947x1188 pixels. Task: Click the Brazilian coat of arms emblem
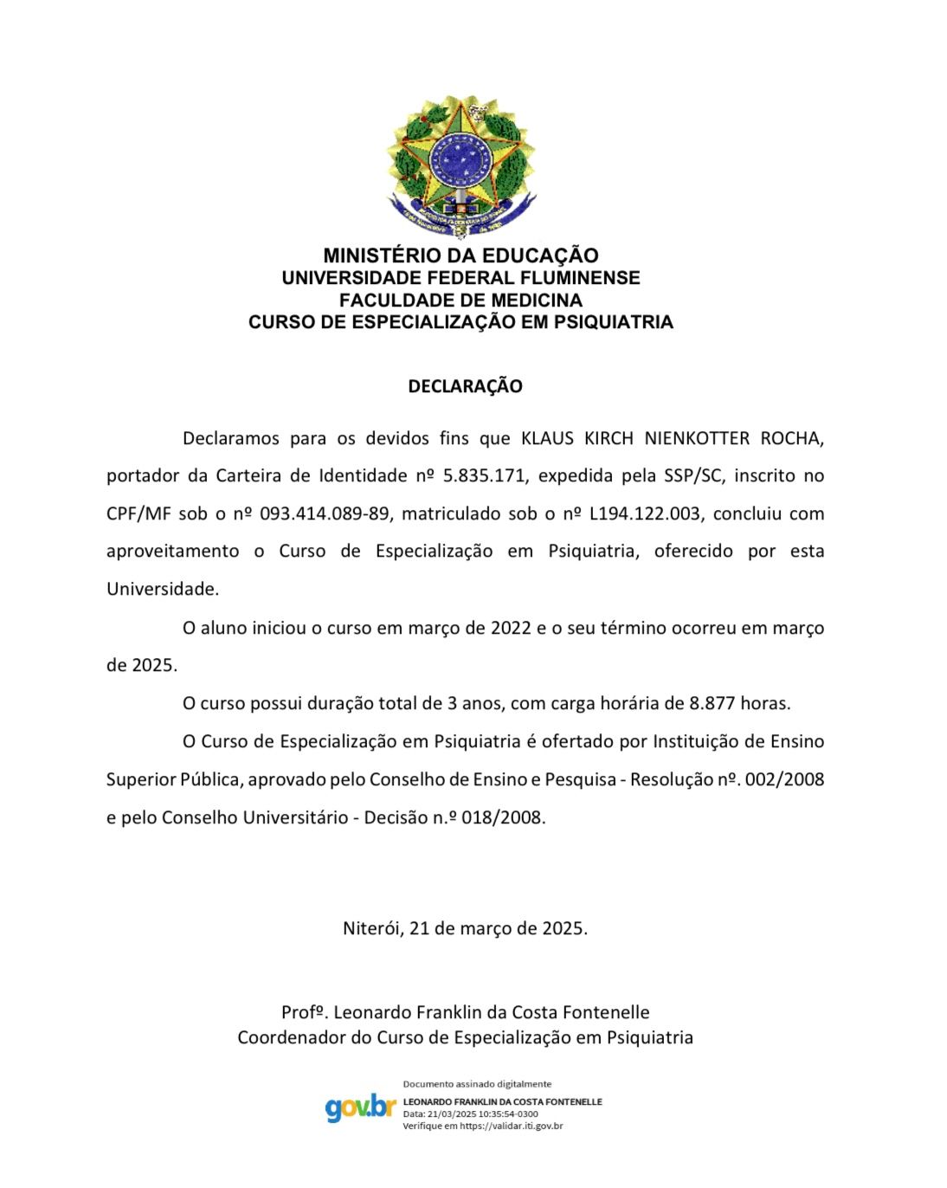click(x=461, y=167)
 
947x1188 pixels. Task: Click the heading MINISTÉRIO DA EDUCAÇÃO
click(x=461, y=255)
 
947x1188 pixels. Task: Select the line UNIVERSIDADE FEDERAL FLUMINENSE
click(x=461, y=278)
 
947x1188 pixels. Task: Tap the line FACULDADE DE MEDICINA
click(x=461, y=300)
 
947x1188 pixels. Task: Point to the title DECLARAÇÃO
click(x=465, y=386)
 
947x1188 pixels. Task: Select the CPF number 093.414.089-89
click(x=324, y=513)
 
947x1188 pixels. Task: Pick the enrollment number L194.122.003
click(x=644, y=513)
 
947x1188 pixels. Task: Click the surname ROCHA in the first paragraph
click(x=791, y=438)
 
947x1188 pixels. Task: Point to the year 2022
click(x=511, y=628)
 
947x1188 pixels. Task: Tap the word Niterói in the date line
click(x=371, y=928)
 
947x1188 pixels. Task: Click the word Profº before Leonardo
click(x=303, y=1012)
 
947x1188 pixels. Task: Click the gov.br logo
click(x=360, y=1107)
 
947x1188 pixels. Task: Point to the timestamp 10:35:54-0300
click(x=508, y=1114)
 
